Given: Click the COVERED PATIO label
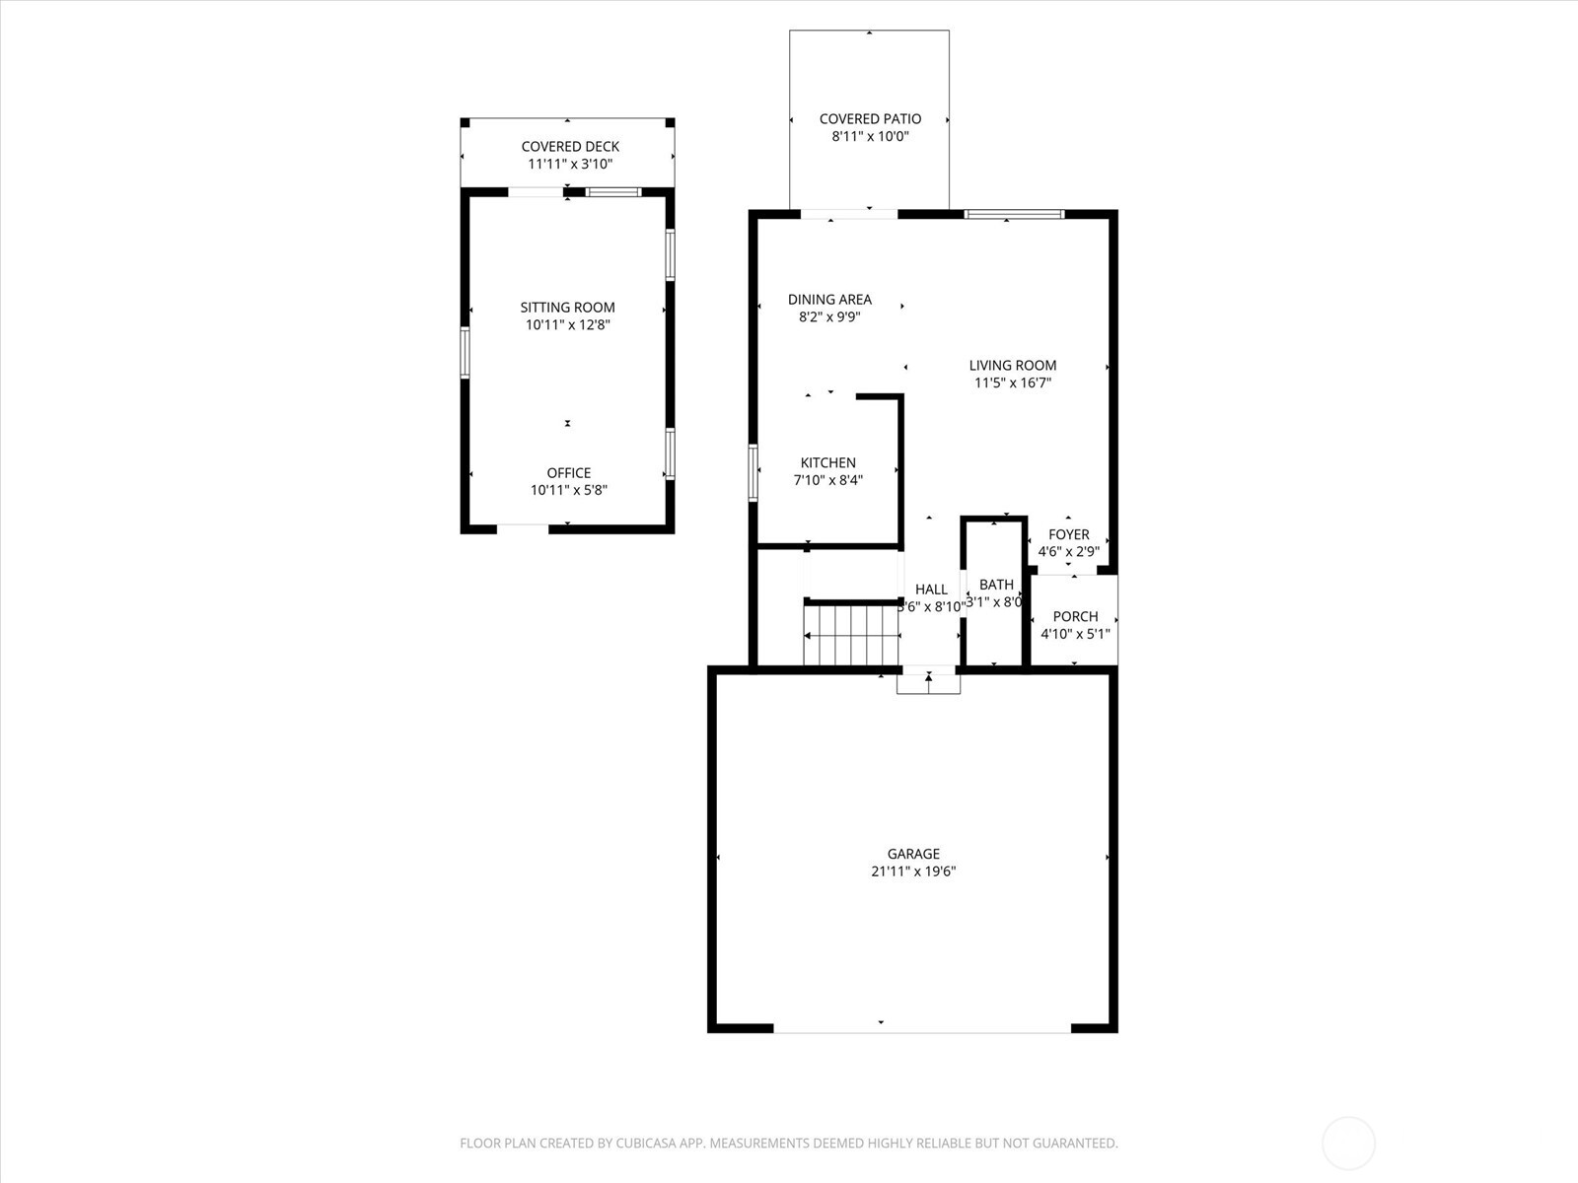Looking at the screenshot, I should (870, 119).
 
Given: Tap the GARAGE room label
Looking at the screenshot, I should (913, 854).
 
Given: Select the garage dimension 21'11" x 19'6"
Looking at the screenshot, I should (913, 871).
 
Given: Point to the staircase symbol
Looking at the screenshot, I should (851, 636).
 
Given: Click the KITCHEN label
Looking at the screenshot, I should (827, 462).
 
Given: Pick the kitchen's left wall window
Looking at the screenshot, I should (753, 473).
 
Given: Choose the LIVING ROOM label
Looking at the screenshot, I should (1012, 365).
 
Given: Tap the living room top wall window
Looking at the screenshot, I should (1014, 214).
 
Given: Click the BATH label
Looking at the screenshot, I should (996, 585).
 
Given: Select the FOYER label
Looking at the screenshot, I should (1069, 534).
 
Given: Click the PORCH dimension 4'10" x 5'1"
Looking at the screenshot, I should (1075, 634).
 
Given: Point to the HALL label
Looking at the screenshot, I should (931, 590).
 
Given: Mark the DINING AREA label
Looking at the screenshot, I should (829, 300).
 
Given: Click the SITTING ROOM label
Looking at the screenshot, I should (567, 308).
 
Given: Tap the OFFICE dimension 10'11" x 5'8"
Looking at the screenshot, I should (569, 490).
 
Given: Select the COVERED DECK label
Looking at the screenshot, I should (570, 147).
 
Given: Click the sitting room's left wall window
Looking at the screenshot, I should (465, 353).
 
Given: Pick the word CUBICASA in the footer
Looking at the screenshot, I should (651, 1144).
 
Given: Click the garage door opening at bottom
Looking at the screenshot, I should (921, 1031).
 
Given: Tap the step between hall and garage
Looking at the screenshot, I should (928, 681).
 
